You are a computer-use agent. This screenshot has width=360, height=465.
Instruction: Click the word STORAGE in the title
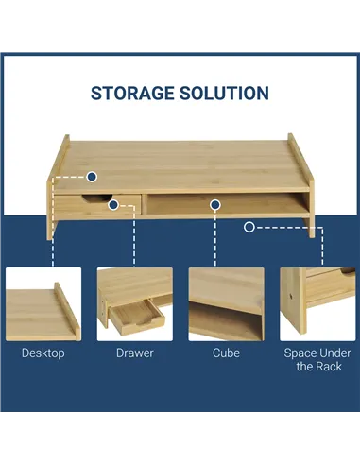(x=132, y=94)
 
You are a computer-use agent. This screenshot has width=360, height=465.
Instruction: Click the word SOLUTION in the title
(x=224, y=94)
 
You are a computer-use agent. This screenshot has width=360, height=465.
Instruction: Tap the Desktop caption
(x=43, y=353)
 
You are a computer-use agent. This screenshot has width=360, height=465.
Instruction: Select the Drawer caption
(x=135, y=353)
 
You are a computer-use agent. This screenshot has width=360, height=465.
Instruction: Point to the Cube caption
(x=226, y=353)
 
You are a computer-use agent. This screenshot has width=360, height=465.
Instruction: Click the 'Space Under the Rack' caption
(x=317, y=359)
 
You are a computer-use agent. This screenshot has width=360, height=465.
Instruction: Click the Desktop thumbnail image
(x=43, y=304)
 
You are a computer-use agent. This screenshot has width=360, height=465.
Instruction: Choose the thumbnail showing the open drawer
(x=135, y=304)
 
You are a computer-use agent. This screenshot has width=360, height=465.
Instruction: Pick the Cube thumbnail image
(x=226, y=304)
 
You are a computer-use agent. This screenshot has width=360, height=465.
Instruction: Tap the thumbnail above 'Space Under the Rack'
(x=317, y=304)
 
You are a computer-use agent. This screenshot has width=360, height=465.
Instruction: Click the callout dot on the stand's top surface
(x=92, y=177)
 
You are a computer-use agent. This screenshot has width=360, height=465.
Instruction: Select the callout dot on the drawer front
(x=113, y=205)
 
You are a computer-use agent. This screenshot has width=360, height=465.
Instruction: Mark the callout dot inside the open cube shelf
(x=215, y=205)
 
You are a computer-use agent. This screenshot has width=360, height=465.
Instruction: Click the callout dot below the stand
(x=249, y=227)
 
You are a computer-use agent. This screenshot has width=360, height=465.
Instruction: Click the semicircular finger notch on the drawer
(x=97, y=198)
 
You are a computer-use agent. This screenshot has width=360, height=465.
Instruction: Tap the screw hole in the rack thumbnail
(x=290, y=297)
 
